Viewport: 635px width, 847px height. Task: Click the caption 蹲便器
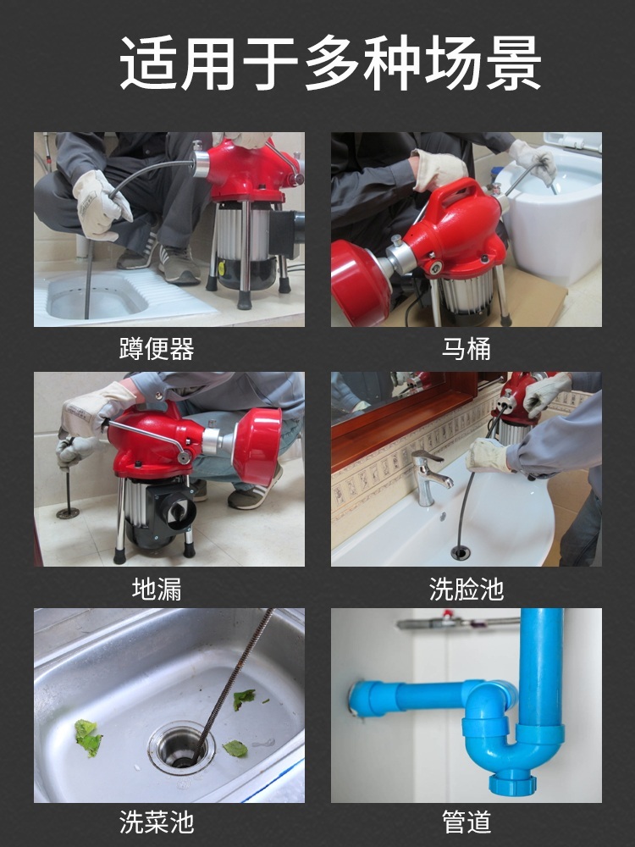tap(157, 349)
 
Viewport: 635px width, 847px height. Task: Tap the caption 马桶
tap(466, 349)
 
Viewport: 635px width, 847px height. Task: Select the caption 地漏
tap(157, 589)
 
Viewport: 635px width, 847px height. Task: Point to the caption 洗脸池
tap(466, 589)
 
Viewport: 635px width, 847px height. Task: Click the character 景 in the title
tap(513, 63)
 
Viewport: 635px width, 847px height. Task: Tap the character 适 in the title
tap(146, 63)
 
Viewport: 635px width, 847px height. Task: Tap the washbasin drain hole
tap(460, 552)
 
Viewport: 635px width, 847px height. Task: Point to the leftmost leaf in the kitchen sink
tap(87, 738)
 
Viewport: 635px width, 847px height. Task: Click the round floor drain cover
tap(68, 512)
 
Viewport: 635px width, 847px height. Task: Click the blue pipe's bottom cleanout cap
tap(513, 783)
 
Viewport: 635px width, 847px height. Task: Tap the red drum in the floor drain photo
tap(257, 444)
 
